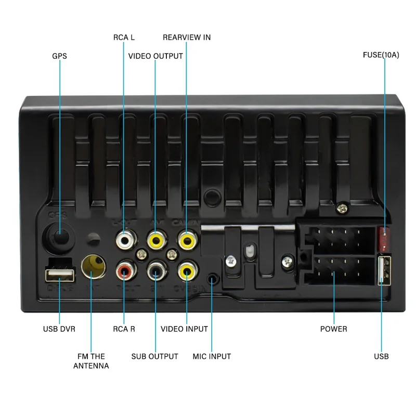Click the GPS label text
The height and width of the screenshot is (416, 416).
pyautogui.click(x=59, y=56)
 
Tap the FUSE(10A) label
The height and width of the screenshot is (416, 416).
pyautogui.click(x=381, y=55)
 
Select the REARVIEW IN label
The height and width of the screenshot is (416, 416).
pyautogui.click(x=187, y=37)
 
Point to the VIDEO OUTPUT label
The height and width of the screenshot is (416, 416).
pyautogui.click(x=155, y=56)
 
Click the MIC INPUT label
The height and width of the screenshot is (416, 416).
pyautogui.click(x=212, y=356)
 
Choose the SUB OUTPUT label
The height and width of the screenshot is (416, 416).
pyautogui.click(x=154, y=356)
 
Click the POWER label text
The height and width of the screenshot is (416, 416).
pyautogui.click(x=333, y=329)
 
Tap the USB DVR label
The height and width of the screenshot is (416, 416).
pyautogui.click(x=59, y=329)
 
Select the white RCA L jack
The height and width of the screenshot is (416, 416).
pyautogui.click(x=125, y=240)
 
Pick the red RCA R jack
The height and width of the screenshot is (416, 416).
pyautogui.click(x=125, y=270)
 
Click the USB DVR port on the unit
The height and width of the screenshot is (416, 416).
pyautogui.click(x=59, y=272)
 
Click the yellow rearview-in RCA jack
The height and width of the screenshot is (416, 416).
pyautogui.click(x=186, y=240)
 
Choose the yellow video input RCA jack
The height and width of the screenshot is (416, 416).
pyautogui.click(x=186, y=270)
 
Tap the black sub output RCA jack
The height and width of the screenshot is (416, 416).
pyautogui.click(x=155, y=270)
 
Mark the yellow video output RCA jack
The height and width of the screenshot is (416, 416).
pyautogui.click(x=155, y=240)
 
